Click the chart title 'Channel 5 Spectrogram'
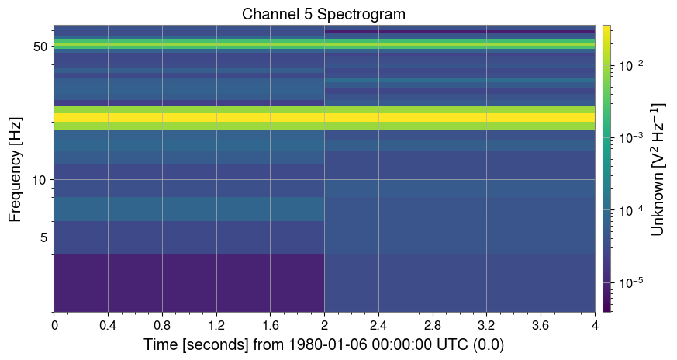[x=323, y=14]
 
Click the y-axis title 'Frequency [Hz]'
[x=16, y=168]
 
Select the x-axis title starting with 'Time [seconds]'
[x=323, y=344]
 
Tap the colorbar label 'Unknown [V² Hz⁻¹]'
[x=658, y=168]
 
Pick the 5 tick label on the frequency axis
[x=42, y=237]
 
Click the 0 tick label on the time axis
[x=54, y=324]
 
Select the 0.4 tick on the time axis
[x=108, y=324]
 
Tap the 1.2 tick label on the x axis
[x=216, y=324]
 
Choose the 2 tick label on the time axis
[x=324, y=324]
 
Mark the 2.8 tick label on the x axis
[x=432, y=324]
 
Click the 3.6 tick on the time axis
[x=541, y=324]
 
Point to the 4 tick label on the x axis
[x=595, y=324]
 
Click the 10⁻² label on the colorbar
[x=627, y=66]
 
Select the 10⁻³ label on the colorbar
[x=627, y=137]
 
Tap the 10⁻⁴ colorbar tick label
[x=627, y=209]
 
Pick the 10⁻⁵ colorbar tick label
[x=627, y=282]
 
